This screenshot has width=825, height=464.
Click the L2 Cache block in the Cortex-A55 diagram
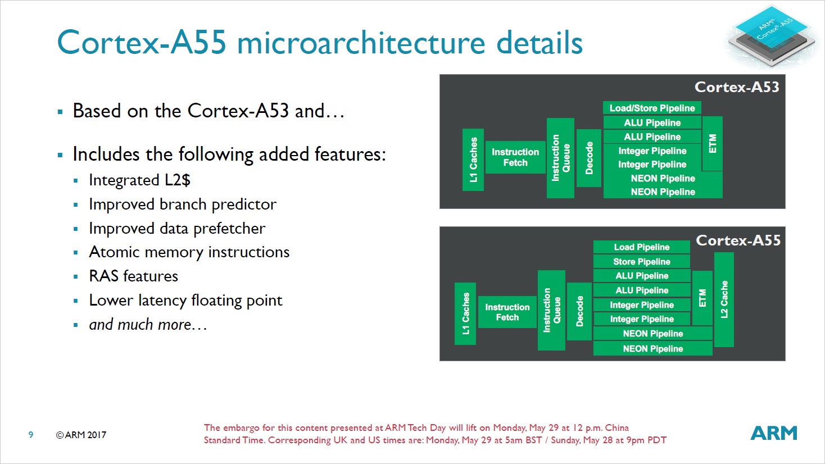(724, 299)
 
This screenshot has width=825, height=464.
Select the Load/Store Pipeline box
(652, 108)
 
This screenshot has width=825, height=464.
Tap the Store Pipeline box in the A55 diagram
(641, 261)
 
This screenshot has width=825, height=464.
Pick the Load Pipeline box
(641, 247)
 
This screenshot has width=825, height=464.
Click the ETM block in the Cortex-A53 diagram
(712, 143)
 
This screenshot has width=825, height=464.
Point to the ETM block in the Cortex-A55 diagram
(702, 298)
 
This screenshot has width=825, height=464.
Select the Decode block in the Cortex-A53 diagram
(589, 158)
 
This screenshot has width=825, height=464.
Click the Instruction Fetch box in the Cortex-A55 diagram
(507, 312)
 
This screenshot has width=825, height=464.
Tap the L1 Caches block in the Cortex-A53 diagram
(473, 160)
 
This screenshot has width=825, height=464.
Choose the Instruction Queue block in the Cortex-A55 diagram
(551, 310)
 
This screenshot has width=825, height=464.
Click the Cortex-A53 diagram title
(737, 87)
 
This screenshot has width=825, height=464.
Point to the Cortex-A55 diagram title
(738, 240)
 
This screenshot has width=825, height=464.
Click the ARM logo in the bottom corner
(774, 433)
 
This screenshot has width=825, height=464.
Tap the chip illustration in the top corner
(773, 35)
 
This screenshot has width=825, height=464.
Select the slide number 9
(31, 435)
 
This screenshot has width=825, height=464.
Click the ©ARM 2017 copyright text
(81, 435)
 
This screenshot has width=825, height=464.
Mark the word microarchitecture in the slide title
(361, 43)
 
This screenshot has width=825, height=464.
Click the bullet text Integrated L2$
(139, 180)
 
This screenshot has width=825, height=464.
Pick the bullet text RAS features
(133, 276)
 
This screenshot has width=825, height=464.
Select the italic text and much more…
(148, 325)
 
